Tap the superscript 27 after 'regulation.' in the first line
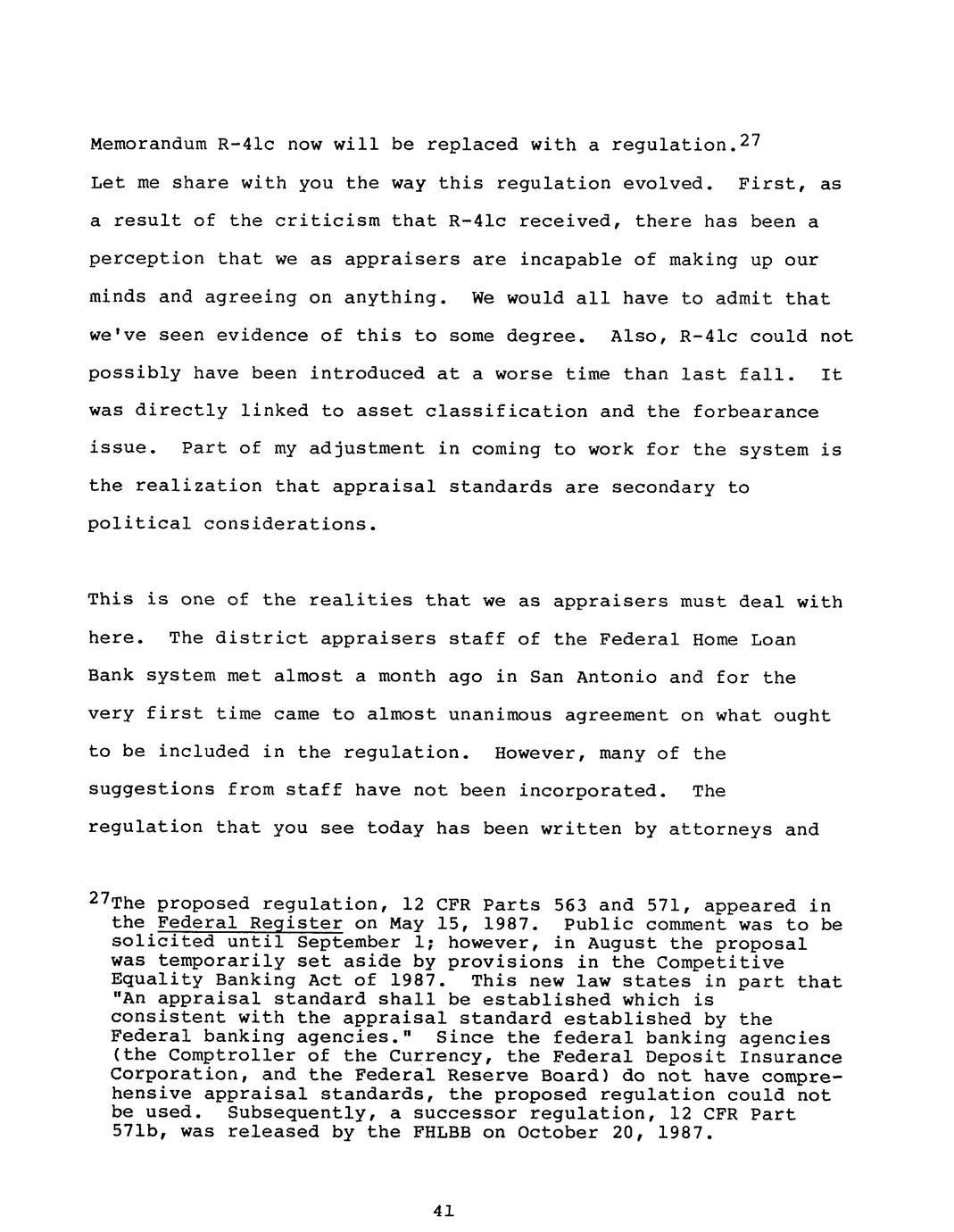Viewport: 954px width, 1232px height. (x=746, y=141)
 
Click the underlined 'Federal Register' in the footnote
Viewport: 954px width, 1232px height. (x=249, y=924)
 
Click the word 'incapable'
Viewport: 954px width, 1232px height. (x=565, y=260)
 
